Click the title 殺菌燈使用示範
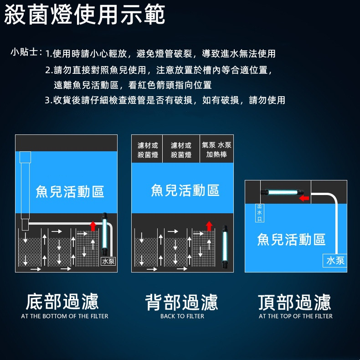tap(84, 14)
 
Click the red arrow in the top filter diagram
tap(304, 198)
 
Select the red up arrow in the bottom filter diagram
tap(93, 226)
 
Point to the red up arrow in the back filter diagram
tap(209, 226)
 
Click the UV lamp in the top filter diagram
tap(282, 192)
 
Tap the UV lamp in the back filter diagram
tap(225, 247)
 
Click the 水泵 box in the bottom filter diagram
tap(108, 261)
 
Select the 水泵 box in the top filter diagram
tap(335, 261)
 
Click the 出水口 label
tap(259, 213)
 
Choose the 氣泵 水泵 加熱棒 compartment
tap(216, 149)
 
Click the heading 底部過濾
tap(62, 301)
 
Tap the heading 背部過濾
tap(182, 302)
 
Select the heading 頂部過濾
tap(294, 302)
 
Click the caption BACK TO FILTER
tap(182, 316)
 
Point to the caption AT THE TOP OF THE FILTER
tap(295, 316)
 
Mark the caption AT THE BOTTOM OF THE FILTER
tap(65, 316)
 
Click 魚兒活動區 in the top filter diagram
tap(291, 239)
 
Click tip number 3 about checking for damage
tap(165, 100)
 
